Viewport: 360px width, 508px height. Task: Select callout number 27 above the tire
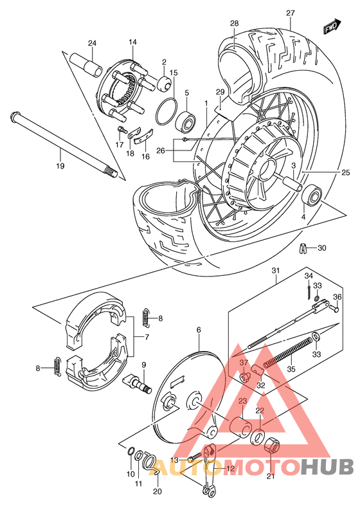tap(290, 13)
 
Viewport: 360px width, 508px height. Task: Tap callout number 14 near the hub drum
tap(132, 42)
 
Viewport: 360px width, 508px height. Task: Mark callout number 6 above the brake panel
tap(199, 329)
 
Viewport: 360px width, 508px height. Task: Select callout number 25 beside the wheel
tap(345, 172)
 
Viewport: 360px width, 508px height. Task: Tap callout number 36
tap(337, 297)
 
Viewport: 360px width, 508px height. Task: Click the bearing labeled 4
tap(313, 194)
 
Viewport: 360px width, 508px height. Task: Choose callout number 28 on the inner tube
tap(234, 23)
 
